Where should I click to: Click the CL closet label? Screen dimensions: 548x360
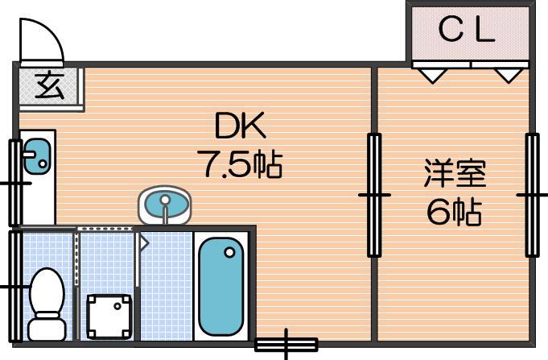tap(466, 30)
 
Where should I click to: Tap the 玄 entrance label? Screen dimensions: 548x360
tap(49, 86)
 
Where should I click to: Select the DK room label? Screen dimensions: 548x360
tap(241, 126)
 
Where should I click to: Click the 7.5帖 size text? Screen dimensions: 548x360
tap(240, 163)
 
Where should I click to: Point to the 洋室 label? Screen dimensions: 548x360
tap(455, 173)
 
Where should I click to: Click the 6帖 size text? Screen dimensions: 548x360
tap(455, 212)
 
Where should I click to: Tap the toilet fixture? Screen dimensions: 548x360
tap(47, 304)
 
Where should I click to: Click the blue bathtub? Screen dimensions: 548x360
tap(220, 287)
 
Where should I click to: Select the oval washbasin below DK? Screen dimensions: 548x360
tap(165, 205)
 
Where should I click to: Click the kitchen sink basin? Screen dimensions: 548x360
tap(37, 155)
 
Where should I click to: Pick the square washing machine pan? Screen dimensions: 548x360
tap(109, 317)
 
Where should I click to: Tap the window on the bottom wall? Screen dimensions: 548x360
tap(286, 344)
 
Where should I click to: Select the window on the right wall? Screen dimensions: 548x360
tap(533, 195)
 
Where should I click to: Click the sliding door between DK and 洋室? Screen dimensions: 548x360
tap(374, 195)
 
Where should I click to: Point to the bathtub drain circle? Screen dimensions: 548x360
tap(229, 252)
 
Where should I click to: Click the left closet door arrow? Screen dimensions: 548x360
tap(433, 76)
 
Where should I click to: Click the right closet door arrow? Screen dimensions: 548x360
tap(509, 76)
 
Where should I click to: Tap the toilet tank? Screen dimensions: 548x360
tap(47, 328)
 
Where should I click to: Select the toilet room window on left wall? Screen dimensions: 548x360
tap(14, 286)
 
